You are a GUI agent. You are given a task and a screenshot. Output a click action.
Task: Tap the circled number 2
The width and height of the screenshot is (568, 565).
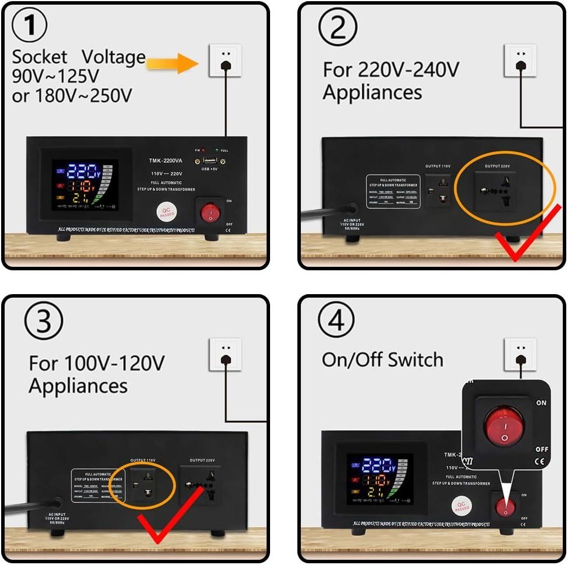pyautogui.click(x=339, y=27)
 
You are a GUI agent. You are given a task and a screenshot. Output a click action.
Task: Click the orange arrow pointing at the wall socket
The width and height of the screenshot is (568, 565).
pyautogui.click(x=172, y=62)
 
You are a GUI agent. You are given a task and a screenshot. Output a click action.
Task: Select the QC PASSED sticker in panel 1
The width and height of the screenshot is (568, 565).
pyautogui.click(x=167, y=212)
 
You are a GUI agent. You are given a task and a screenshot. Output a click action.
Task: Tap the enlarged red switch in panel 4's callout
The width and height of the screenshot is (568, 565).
pyautogui.click(x=504, y=425)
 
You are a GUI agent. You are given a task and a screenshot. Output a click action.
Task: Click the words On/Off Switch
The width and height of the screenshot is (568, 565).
pyautogui.click(x=382, y=360)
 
